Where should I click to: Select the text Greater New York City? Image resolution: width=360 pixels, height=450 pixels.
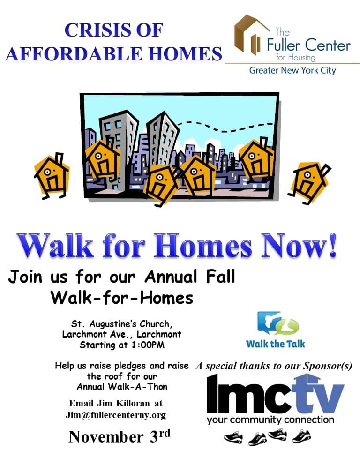(292, 71)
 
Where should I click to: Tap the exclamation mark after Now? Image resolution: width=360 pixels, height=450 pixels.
(332, 246)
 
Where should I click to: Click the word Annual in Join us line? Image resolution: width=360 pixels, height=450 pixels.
(171, 277)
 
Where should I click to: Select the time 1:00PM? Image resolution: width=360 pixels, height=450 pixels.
(148, 345)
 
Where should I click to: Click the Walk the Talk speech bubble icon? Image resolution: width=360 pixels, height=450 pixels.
(278, 323)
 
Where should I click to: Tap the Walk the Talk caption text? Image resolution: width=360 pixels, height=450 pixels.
(276, 344)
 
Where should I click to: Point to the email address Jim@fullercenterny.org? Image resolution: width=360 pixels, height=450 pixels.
(116, 415)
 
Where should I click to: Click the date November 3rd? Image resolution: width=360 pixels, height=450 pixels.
(119, 436)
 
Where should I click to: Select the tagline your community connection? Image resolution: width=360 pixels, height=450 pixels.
(270, 420)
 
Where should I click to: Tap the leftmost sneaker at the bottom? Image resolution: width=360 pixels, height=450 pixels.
(233, 438)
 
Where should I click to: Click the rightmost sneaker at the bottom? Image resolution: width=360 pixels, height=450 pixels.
(301, 436)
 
